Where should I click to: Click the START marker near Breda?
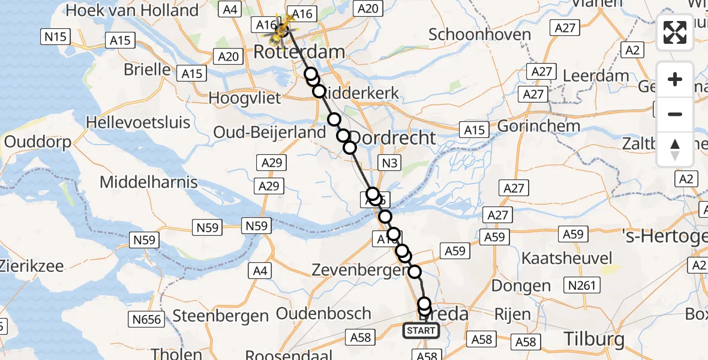coord(421,331)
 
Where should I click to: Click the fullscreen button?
coord(675,32)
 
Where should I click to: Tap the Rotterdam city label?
coord(299,52)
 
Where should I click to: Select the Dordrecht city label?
coord(393,137)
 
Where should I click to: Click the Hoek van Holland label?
coord(132,10)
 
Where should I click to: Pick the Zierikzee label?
coord(32,266)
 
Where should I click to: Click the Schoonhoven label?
coord(479,34)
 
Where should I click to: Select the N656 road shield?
coord(147,319)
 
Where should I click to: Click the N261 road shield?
coord(583,285)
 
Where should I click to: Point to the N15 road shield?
coord(55,37)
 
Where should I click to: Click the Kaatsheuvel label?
coord(567,259)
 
